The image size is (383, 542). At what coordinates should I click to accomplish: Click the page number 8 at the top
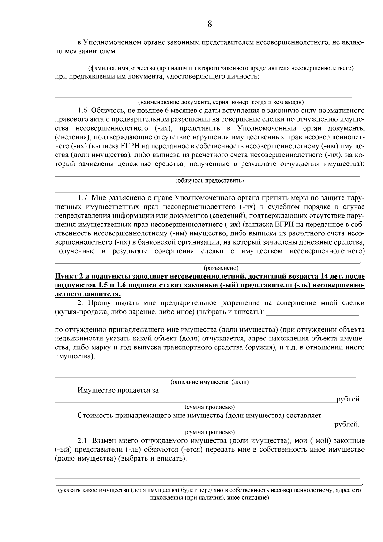tap(210, 24)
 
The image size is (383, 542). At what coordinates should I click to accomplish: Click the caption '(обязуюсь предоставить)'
tap(209, 181)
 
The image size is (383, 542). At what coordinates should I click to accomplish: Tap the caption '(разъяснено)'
tap(221, 267)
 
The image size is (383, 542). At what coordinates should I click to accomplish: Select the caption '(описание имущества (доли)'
tap(209, 382)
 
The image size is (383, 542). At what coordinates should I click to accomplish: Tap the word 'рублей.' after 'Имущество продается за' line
tap(349, 399)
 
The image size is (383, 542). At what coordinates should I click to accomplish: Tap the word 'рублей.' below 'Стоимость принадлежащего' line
tap(347, 425)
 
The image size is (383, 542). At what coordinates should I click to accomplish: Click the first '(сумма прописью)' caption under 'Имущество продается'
tap(209, 407)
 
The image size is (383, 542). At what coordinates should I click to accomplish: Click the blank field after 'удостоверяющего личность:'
tap(312, 78)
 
